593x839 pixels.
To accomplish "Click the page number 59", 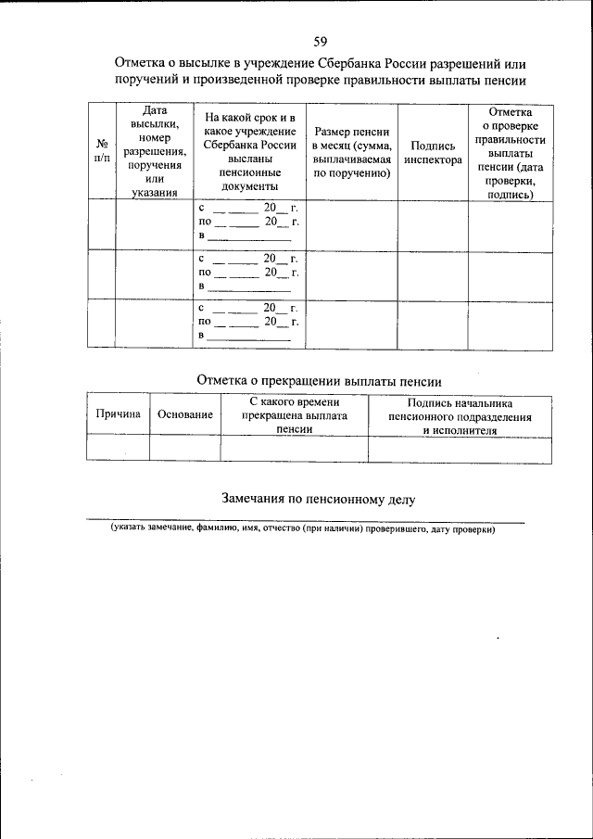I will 320,41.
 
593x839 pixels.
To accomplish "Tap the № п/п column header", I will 101,151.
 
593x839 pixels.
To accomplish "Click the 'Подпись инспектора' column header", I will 433,152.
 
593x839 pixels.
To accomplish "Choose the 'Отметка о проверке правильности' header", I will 509,152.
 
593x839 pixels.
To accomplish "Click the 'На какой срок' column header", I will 250,152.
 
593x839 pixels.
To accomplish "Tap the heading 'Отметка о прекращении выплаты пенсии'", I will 320,380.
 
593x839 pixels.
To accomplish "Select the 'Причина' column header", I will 118,415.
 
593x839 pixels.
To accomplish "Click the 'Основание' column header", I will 184,416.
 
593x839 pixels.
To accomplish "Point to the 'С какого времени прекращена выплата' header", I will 294,415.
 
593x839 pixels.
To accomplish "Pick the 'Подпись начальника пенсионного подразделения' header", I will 460,416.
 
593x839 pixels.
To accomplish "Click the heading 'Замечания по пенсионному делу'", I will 319,498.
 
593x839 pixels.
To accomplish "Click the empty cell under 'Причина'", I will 118,449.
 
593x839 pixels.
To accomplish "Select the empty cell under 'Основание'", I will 184,449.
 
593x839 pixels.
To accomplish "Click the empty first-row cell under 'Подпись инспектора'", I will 433,224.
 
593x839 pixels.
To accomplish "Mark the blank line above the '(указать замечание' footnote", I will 305,521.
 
